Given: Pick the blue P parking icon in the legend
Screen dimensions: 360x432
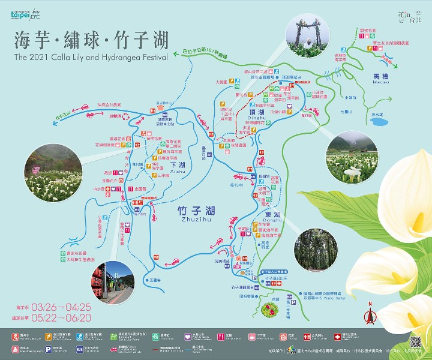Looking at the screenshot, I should tap(55, 347).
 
